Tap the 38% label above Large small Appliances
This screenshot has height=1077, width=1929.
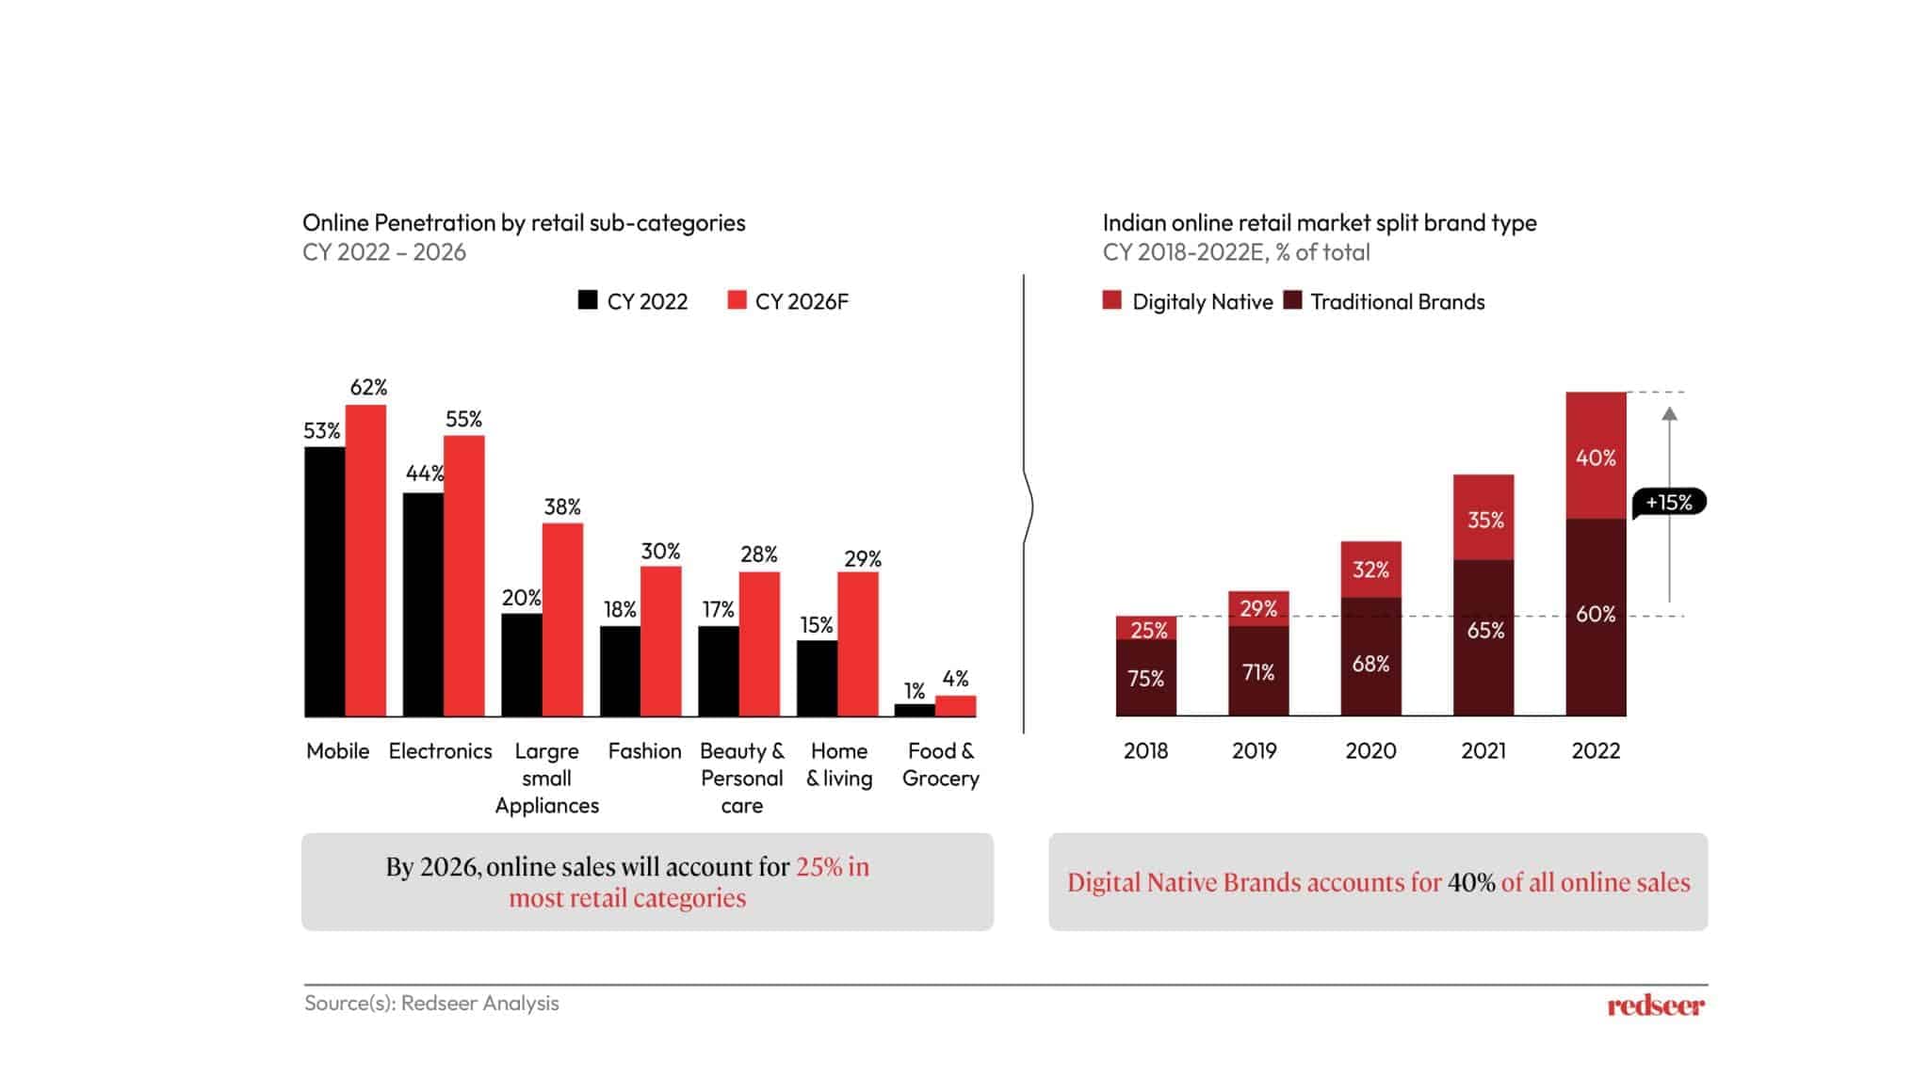[x=562, y=506]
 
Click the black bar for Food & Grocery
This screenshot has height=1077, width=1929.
[x=915, y=710]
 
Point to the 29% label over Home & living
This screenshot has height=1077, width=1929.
[x=862, y=558]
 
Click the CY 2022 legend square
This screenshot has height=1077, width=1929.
[x=588, y=300]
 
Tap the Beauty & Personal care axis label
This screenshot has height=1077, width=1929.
[x=741, y=778]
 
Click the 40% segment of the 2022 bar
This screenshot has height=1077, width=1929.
[x=1596, y=457]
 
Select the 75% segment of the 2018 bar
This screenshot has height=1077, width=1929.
[x=1145, y=678]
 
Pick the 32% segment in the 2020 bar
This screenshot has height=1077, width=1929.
[x=1370, y=569]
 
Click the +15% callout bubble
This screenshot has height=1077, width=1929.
[x=1668, y=502]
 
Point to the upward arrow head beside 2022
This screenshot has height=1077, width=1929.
[x=1669, y=414]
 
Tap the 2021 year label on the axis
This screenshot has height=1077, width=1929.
[x=1483, y=750]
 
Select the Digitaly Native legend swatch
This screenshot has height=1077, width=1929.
[x=1112, y=300]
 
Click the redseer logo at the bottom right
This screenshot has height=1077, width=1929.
[x=1655, y=1005]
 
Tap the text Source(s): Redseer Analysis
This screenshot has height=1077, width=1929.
[x=431, y=1003]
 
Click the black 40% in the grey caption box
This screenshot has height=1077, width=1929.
[x=1470, y=882]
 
